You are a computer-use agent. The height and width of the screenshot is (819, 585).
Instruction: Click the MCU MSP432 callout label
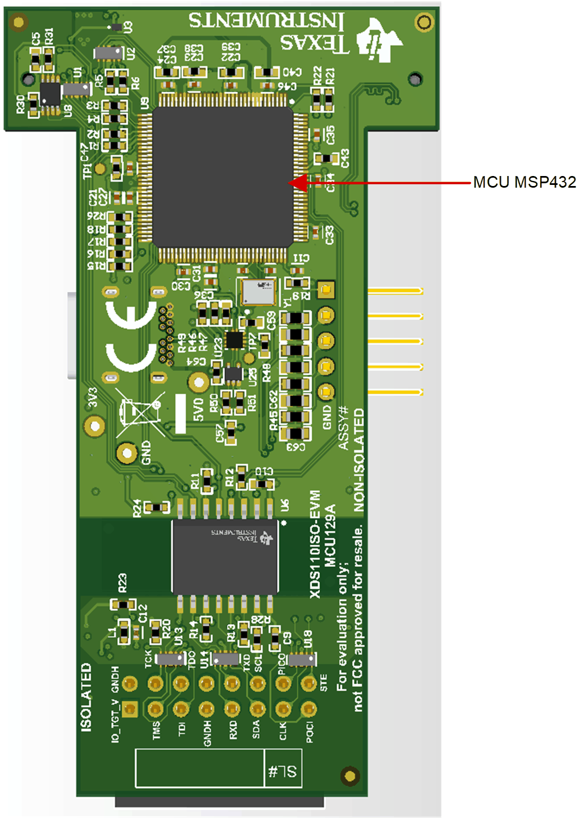524,182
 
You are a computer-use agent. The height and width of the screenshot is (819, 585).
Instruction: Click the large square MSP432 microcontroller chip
222,177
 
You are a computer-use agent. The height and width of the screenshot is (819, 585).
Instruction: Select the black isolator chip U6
225,557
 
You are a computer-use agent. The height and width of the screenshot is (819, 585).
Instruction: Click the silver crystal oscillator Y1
258,292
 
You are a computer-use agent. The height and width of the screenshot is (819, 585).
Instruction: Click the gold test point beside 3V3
94,426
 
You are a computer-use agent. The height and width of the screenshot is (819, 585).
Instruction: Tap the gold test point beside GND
127,454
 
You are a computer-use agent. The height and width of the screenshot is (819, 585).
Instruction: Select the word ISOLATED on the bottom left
86,697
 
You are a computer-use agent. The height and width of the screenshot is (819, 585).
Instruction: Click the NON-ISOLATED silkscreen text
359,460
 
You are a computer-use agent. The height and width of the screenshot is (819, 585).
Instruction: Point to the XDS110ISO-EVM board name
315,544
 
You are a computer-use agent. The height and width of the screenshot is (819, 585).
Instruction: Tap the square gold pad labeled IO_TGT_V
129,709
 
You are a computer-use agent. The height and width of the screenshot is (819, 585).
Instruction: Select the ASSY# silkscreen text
343,428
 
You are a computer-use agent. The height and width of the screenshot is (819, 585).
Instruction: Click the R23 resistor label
122,582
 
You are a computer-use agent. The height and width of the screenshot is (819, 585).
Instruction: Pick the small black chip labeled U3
116,27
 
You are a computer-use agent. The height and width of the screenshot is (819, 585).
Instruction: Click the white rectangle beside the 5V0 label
181,414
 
